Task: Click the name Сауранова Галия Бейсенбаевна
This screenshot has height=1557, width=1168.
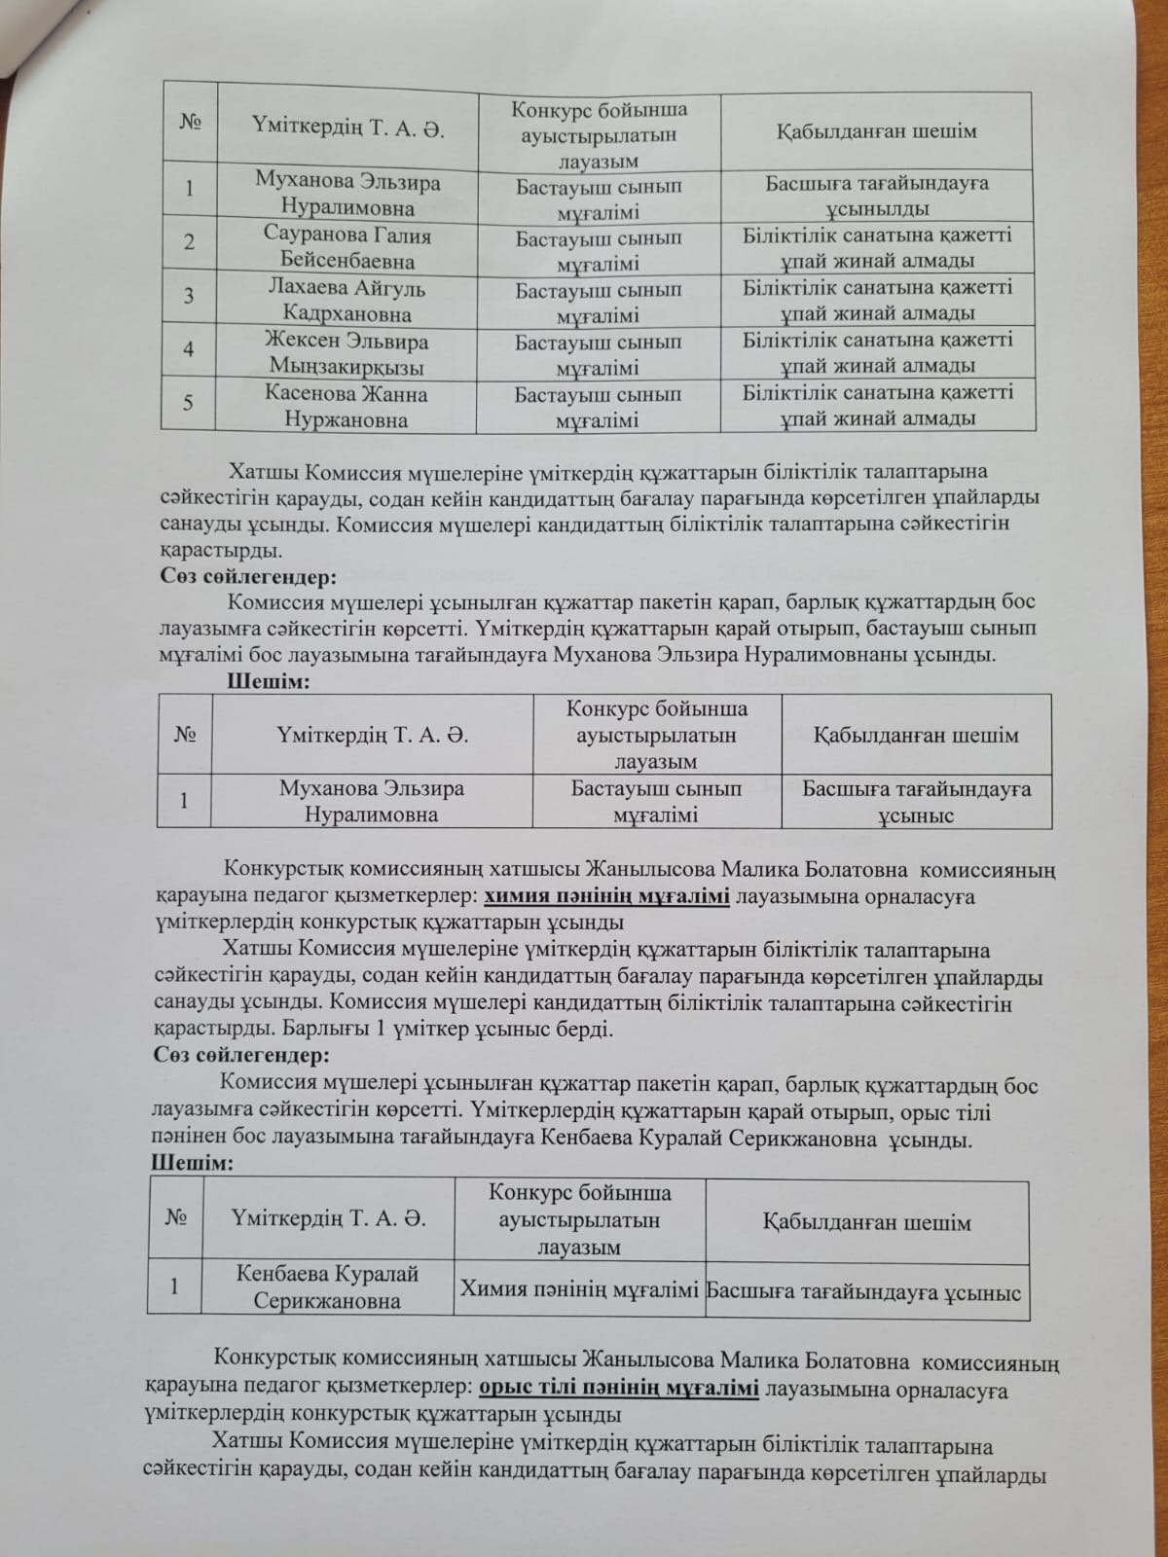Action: tap(347, 248)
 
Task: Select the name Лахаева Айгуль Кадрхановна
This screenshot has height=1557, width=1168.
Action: tap(347, 301)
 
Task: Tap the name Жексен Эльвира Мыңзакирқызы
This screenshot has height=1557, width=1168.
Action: tap(347, 353)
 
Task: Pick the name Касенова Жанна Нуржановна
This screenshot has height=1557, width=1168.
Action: tap(347, 407)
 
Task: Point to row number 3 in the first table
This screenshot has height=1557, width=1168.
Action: tap(189, 296)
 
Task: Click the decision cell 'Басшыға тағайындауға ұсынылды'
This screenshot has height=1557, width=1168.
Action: tap(877, 196)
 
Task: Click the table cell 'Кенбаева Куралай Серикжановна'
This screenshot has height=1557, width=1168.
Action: tap(328, 1286)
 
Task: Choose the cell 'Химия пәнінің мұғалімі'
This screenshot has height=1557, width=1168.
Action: tap(579, 1291)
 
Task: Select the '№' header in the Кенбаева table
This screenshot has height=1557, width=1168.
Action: tap(176, 1219)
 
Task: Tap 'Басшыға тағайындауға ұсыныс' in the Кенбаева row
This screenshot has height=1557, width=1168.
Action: tap(864, 1292)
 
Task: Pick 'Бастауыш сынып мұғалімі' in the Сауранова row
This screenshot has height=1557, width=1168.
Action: tap(598, 250)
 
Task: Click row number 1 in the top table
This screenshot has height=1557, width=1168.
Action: tap(189, 187)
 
